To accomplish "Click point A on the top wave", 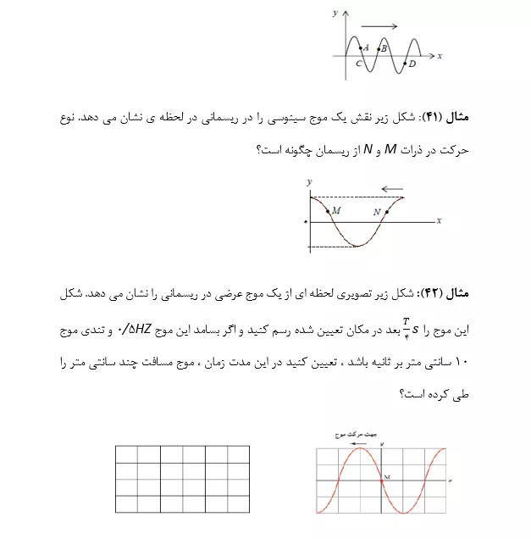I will pos(359,48).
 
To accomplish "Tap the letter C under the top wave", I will pos(359,64).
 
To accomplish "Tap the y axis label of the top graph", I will pos(335,14).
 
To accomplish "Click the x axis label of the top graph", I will pos(440,56).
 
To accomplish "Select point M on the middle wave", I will pos(328,209).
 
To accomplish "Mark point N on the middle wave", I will pos(387,212).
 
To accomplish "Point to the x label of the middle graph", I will pos(439,220).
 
